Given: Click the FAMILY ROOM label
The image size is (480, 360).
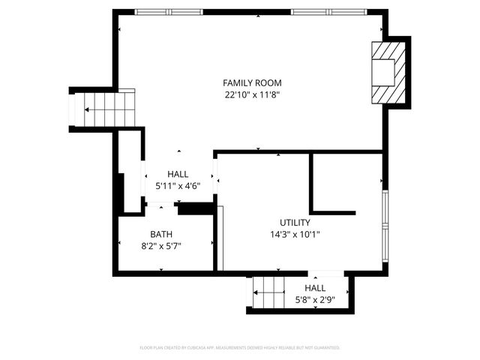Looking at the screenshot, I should click(252, 82).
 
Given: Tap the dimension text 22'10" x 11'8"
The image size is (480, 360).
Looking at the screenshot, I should click(252, 95).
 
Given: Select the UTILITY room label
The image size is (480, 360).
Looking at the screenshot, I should click(295, 222).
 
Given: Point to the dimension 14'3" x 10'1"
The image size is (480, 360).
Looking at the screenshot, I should click(295, 234).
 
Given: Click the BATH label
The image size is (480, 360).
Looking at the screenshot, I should click(160, 234).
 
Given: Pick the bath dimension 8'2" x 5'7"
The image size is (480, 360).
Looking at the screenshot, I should click(160, 245).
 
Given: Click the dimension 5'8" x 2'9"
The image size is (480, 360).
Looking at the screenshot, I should click(314, 299).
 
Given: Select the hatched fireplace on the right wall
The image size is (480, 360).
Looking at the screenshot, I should click(390, 72).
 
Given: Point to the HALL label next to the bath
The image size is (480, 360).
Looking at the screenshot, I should click(178, 174).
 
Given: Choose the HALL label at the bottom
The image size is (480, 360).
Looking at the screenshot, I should click(314, 288).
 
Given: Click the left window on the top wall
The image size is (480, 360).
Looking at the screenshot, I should click(163, 12).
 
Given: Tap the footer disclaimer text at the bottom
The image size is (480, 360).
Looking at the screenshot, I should click(240, 348).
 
